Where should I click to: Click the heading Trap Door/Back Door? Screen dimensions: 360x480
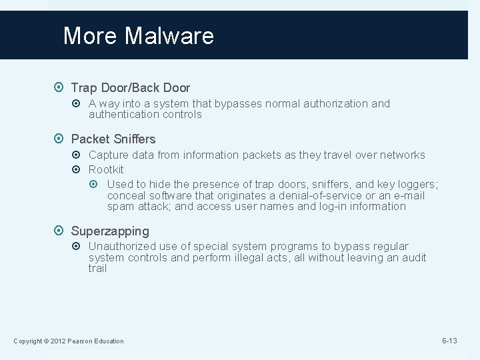pos(130,87)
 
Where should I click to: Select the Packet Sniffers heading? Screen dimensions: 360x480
pos(113,139)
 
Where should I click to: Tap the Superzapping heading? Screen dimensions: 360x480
pos(110,231)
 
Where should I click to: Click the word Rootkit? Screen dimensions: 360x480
pos(106,169)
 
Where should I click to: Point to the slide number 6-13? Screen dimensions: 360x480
pos(449,341)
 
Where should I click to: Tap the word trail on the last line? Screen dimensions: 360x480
pos(97,268)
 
